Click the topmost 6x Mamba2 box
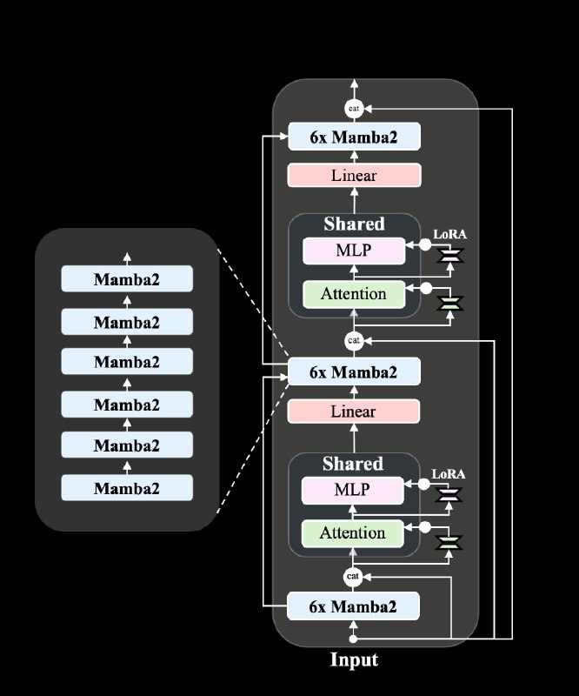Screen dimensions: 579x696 [354, 137]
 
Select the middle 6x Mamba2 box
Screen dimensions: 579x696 [354, 371]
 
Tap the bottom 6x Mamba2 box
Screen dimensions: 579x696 [353, 606]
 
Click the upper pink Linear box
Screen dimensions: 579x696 [354, 176]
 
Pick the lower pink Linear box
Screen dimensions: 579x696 [354, 412]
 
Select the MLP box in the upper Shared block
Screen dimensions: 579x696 [354, 251]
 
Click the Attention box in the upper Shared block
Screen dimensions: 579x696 [354, 294]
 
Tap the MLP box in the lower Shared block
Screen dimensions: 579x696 [353, 491]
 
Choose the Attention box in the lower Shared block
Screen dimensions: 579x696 [353, 533]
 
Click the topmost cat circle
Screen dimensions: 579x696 [354, 108]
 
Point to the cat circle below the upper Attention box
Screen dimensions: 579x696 [354, 340]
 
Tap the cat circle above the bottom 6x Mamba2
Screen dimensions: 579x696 [353, 576]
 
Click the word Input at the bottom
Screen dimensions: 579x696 [354, 659]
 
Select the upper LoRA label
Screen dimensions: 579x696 [449, 234]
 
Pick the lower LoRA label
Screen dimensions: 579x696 [449, 474]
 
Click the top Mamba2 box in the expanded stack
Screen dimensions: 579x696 [127, 278]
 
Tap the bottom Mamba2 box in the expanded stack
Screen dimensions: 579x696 [127, 488]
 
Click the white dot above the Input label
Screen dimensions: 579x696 [353, 639]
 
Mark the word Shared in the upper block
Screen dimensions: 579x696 [354, 224]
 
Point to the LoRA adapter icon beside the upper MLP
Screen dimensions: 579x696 [450, 255]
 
